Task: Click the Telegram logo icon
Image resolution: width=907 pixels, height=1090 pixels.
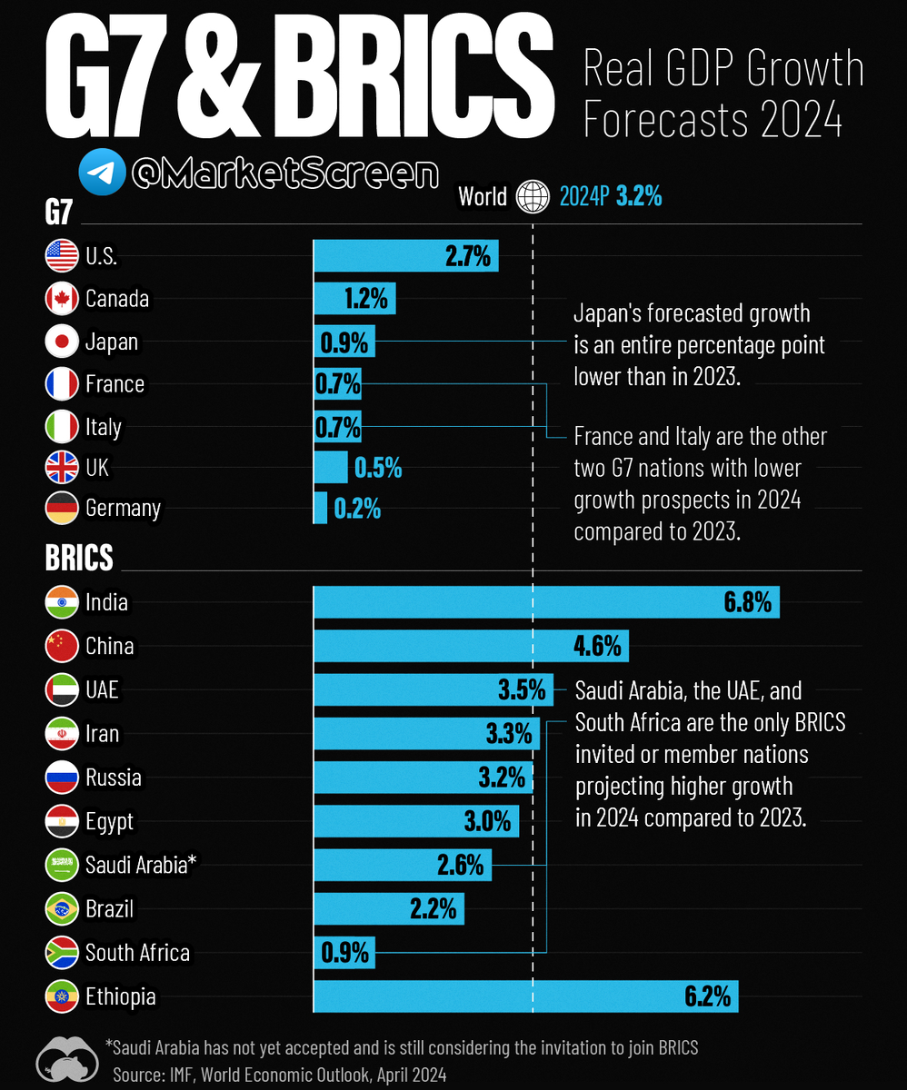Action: [x=101, y=173]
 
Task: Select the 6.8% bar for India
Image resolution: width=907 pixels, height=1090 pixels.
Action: [x=545, y=602]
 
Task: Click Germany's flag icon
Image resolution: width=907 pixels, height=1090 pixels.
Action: [x=62, y=508]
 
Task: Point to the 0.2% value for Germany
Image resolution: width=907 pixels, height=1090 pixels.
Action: [x=356, y=509]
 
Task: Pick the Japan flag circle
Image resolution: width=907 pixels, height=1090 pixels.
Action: [x=62, y=342]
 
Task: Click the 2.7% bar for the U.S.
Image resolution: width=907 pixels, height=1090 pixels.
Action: [x=405, y=256]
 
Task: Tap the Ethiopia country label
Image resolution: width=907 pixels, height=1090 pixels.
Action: [x=120, y=996]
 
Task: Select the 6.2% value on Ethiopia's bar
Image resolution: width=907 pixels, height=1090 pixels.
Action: [x=707, y=996]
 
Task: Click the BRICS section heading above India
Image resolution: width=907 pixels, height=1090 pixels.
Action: [x=79, y=557]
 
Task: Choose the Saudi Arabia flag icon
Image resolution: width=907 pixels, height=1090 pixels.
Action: [x=62, y=866]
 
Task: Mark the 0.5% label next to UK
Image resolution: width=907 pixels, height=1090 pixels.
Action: [x=377, y=468]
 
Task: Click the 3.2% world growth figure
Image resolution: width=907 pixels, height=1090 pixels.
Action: [x=639, y=196]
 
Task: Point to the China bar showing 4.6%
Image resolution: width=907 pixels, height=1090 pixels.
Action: [x=470, y=647]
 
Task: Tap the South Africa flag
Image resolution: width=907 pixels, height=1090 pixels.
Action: [x=62, y=952]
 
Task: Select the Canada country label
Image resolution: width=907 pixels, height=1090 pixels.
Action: [x=117, y=298]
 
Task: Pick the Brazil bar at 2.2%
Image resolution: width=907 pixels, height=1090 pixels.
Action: [x=388, y=908]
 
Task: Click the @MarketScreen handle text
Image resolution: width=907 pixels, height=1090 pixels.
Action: [x=284, y=173]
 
